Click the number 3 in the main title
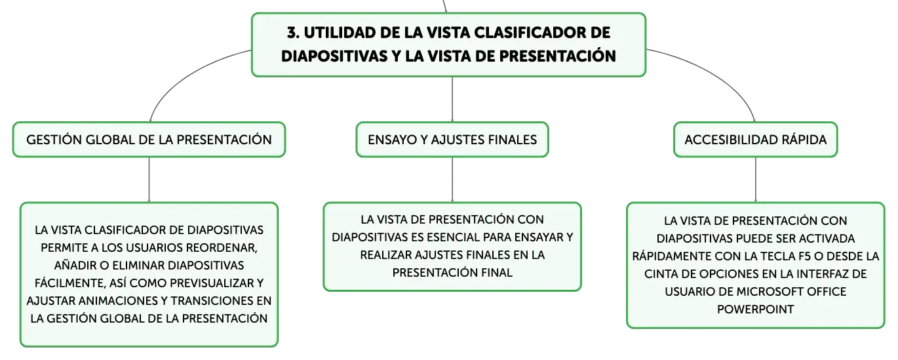[x=293, y=33]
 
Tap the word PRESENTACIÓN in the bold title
[x=558, y=55]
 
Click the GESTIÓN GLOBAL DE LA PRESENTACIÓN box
[x=149, y=140]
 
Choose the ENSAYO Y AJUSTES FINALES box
[x=452, y=140]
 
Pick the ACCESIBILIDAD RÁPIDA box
[x=756, y=140]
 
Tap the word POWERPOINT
[x=756, y=310]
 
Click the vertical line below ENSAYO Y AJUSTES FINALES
[x=452, y=180]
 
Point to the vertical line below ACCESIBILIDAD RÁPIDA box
[x=756, y=180]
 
